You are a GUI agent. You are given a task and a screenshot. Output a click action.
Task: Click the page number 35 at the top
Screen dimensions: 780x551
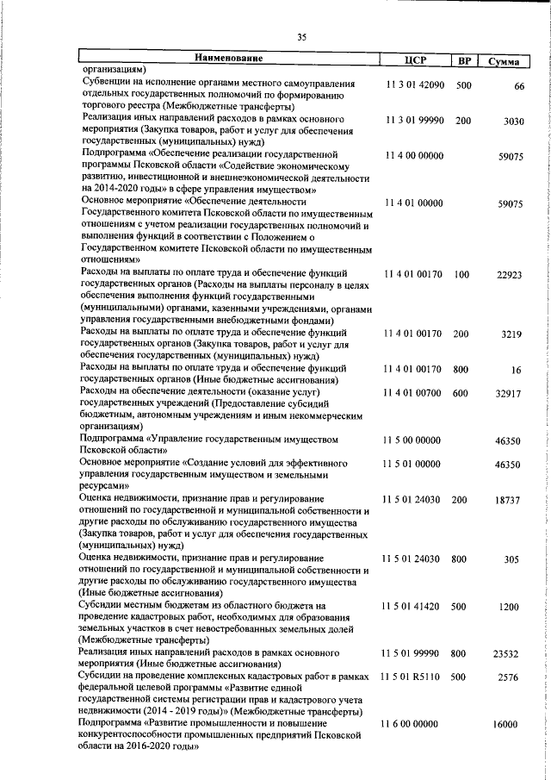coord(301,36)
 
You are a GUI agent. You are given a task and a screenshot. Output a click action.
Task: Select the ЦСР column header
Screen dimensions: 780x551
coord(414,60)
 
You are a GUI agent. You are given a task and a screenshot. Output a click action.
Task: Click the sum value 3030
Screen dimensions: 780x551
coord(513,122)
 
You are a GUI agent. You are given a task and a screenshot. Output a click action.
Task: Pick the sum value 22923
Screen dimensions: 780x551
coord(511,275)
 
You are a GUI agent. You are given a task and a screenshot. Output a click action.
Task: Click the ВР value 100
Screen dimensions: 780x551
coord(462,274)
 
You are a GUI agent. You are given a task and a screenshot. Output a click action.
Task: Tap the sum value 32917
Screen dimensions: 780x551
coord(511,393)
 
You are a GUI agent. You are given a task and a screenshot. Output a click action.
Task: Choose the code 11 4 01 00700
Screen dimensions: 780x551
coord(414,393)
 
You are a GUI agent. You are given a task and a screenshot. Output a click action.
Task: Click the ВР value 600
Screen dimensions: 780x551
coord(462,393)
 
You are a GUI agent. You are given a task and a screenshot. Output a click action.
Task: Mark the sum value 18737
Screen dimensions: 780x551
coord(511,500)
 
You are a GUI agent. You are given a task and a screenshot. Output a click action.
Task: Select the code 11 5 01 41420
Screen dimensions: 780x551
coord(414,607)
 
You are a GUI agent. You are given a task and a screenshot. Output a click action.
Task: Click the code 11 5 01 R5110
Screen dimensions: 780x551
coord(414,677)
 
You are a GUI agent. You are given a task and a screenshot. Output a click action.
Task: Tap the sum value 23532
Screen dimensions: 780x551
coord(511,654)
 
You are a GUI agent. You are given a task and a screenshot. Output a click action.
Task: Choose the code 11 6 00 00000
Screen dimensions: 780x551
coord(414,725)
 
